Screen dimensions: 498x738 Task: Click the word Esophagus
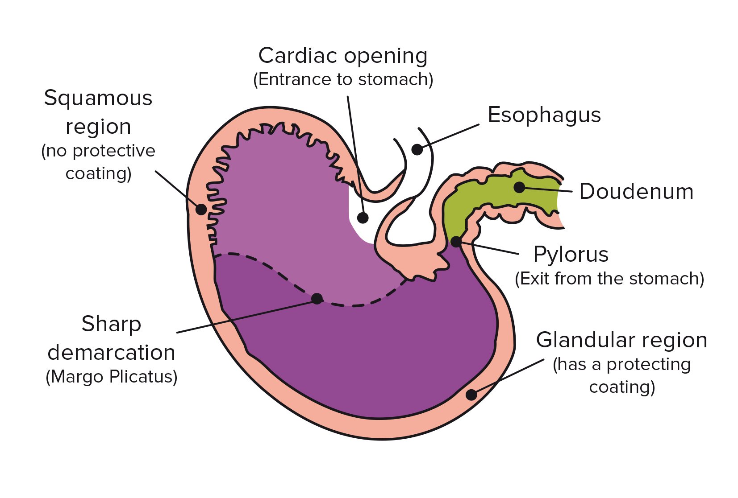[x=544, y=115]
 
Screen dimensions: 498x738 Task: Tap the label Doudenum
[x=636, y=192]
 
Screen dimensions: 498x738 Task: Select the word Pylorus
[x=571, y=255]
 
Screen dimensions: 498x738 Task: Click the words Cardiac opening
[x=343, y=56]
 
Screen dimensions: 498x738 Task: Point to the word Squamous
[x=98, y=98]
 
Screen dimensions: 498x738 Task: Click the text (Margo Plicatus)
[x=112, y=377]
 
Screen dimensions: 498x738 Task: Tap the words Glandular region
[x=621, y=340]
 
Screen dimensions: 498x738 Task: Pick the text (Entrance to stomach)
[x=343, y=79]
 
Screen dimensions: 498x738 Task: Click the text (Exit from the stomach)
[x=609, y=279]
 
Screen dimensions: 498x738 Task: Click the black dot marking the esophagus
[x=417, y=149]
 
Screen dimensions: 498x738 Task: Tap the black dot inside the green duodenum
[x=519, y=187]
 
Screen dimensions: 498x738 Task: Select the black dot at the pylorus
[x=456, y=242]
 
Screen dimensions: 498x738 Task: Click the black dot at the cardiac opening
[x=363, y=218]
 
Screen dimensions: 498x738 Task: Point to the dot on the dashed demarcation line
[x=317, y=298]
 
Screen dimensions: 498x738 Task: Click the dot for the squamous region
[x=201, y=209]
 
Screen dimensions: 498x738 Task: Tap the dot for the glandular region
[x=471, y=395]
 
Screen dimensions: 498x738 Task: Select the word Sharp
[x=111, y=324]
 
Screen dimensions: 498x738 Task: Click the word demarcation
[x=111, y=353]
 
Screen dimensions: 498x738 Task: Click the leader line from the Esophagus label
[x=451, y=136]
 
